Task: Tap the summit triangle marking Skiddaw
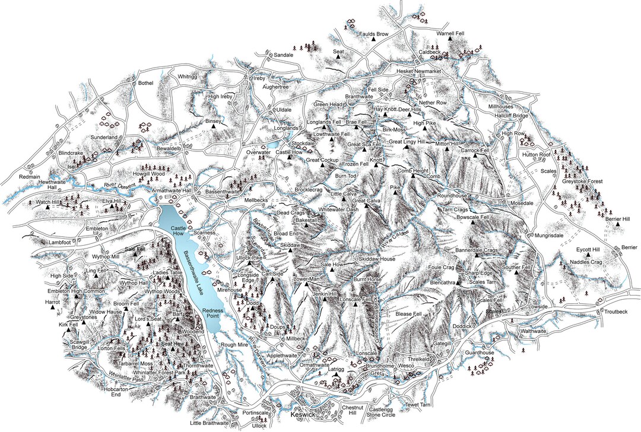point(290,251)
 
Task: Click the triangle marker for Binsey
point(224,125)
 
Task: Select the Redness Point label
point(213,314)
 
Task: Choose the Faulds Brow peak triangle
point(373,39)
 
